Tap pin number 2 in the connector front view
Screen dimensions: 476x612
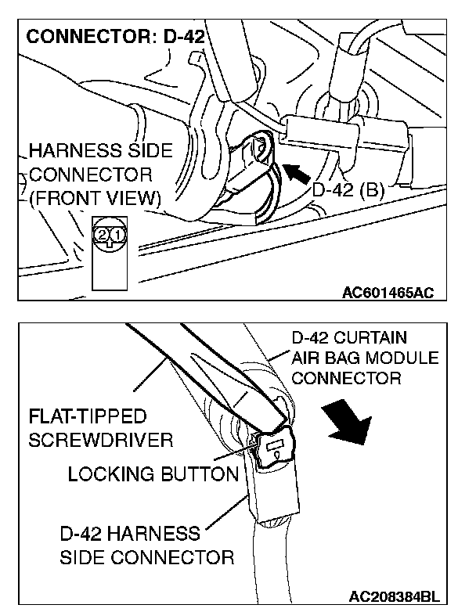click(103, 234)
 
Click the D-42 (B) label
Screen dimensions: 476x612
click(348, 189)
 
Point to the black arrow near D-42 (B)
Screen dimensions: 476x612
click(294, 171)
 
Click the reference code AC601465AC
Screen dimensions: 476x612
click(388, 293)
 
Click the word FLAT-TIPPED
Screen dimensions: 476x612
click(87, 416)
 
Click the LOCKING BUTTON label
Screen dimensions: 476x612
click(153, 474)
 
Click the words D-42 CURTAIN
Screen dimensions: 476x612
click(349, 338)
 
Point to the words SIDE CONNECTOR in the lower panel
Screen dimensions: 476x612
click(146, 557)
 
